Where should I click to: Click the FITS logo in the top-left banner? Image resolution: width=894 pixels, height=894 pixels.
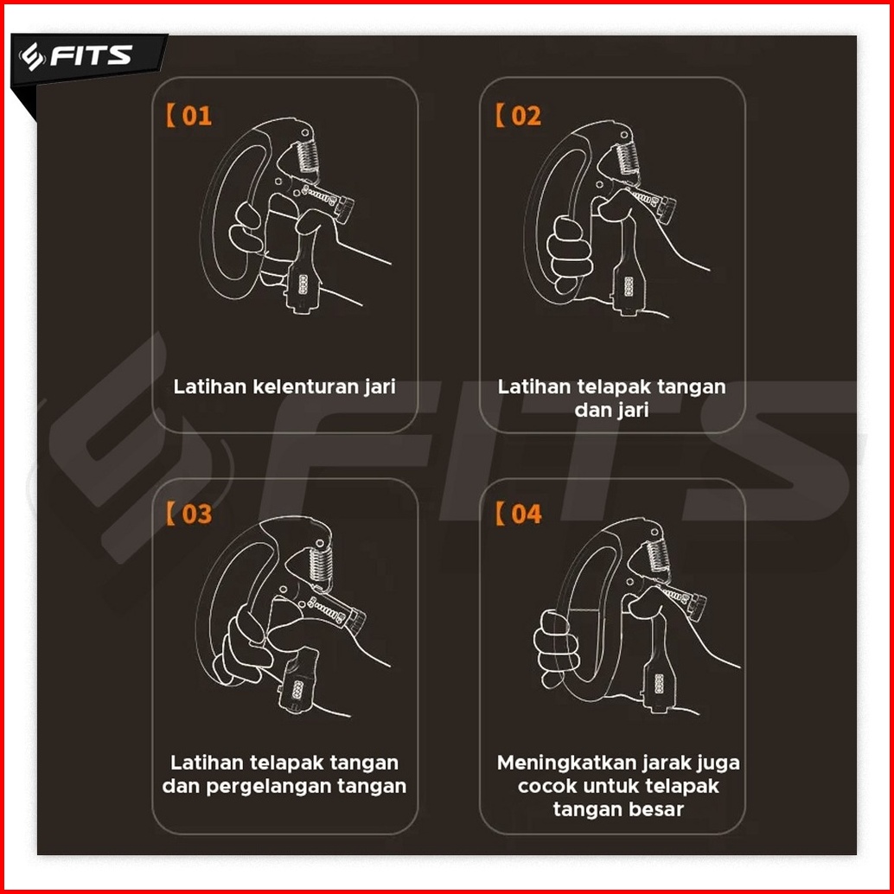(76, 56)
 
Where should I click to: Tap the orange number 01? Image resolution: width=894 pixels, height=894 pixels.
(197, 116)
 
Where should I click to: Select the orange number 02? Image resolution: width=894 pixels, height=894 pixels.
(526, 116)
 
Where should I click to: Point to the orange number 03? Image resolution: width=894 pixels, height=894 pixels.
(197, 514)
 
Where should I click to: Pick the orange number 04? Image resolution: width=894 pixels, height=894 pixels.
(526, 514)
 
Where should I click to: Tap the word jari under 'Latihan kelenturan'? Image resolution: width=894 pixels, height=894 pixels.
(380, 387)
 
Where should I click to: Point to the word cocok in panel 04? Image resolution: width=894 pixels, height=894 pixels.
(543, 786)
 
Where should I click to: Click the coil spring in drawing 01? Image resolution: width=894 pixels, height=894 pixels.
(309, 155)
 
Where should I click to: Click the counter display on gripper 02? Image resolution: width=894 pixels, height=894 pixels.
(629, 286)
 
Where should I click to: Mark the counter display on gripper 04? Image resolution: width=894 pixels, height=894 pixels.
(660, 683)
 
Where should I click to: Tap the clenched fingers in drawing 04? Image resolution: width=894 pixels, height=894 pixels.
(556, 648)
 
